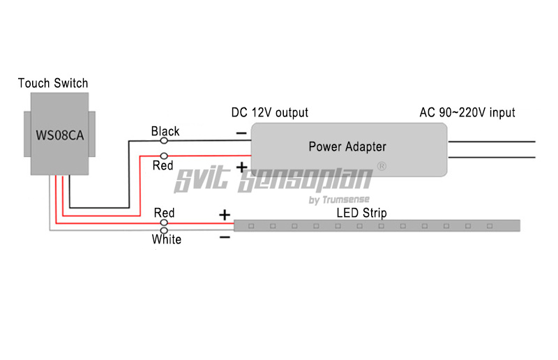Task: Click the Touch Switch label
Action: tap(53, 84)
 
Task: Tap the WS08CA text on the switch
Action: tap(59, 135)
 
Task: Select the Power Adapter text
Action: tap(347, 147)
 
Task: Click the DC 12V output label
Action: tap(269, 112)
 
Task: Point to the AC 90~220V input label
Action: tap(467, 112)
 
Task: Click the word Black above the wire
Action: tap(165, 131)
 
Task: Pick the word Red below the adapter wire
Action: tap(163, 165)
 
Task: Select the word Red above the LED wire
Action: tap(165, 213)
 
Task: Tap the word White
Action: tap(167, 239)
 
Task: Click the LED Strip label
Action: tap(361, 213)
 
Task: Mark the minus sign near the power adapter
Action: tap(241, 133)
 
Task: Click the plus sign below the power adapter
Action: tap(241, 167)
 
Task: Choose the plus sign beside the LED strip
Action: tap(225, 215)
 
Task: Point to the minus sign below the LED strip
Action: tap(225, 237)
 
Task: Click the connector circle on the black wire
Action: tap(165, 140)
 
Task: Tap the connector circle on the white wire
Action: tap(165, 229)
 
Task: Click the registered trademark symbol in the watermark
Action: tap(382, 167)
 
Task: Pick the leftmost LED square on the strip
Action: tap(251, 225)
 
